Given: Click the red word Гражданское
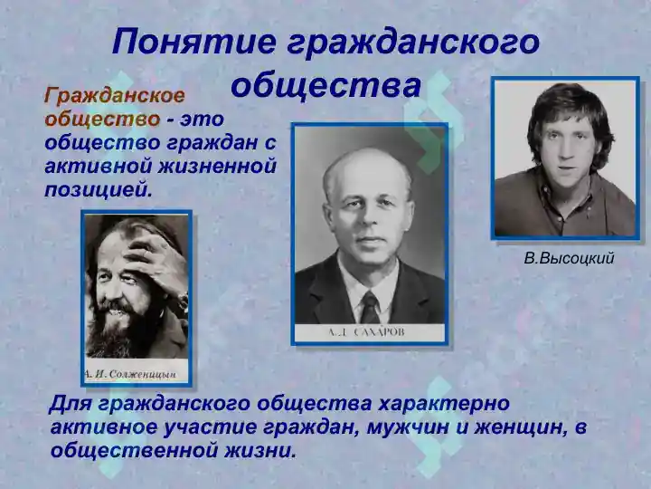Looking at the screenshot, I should pos(115,96).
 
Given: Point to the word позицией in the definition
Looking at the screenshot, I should pos(99,190).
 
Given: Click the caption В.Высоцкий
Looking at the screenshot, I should pos(569,259).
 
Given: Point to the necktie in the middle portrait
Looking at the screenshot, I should pos(369,308).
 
